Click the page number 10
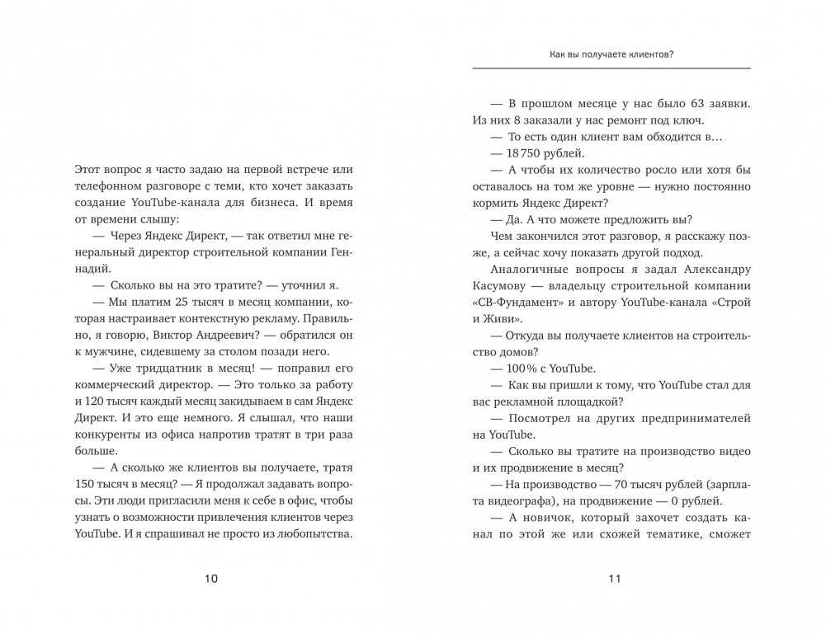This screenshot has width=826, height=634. click(x=210, y=579)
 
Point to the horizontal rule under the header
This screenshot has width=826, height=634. click(x=612, y=68)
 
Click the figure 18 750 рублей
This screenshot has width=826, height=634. click(x=532, y=153)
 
